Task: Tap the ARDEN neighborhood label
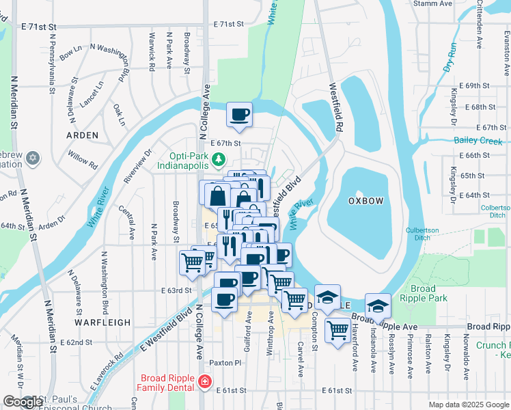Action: pos(82,135)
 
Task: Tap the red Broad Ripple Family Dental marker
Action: pos(204,381)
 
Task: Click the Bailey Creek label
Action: pos(478,141)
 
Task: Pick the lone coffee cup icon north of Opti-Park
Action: pos(238,114)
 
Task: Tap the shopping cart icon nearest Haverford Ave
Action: pos(337,331)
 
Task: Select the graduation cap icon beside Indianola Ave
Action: pos(378,306)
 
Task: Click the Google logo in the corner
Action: pos(22,402)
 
